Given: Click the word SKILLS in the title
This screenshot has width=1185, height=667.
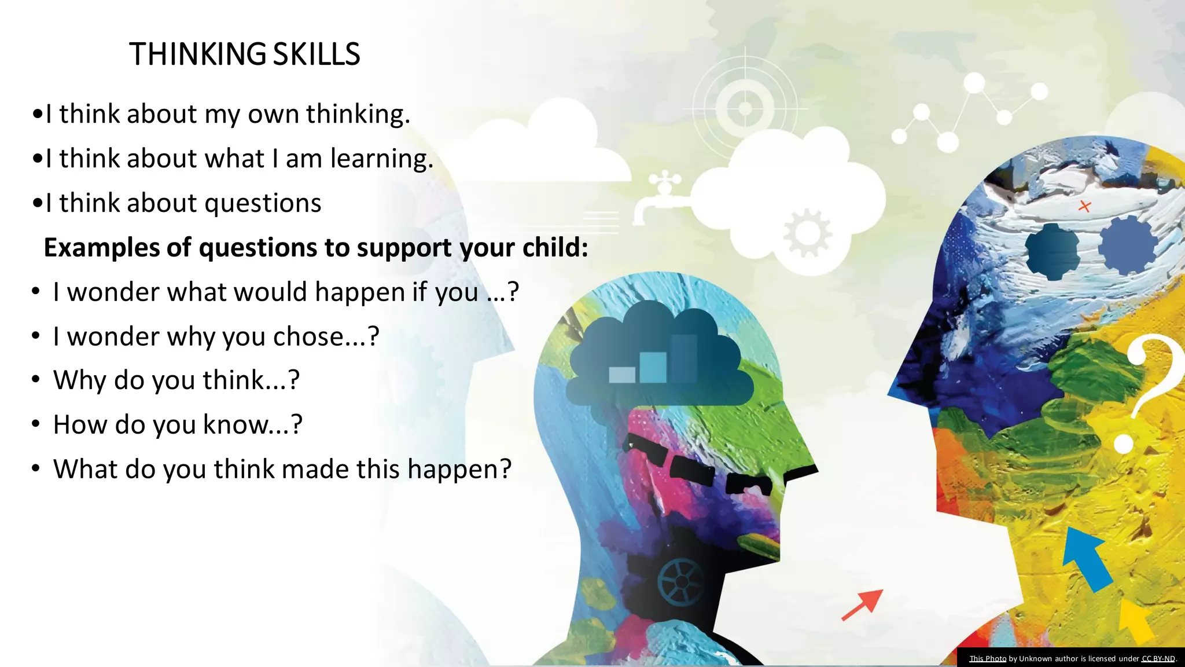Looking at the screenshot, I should point(317,54).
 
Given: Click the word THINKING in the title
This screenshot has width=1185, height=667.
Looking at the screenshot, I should point(197,54).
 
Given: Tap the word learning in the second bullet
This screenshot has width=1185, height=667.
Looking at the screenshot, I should point(381,159).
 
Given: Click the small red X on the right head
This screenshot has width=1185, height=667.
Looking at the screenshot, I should point(1084,206).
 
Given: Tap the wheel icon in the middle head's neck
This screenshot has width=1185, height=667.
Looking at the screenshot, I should point(681,581).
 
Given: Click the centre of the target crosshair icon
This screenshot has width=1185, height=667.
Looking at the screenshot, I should point(745,108).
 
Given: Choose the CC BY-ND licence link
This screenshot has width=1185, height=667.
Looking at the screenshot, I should point(1158,658).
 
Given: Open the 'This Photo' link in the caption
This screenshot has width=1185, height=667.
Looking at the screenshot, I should point(988,658).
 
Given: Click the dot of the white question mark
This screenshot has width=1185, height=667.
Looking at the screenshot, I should point(1123,444).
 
